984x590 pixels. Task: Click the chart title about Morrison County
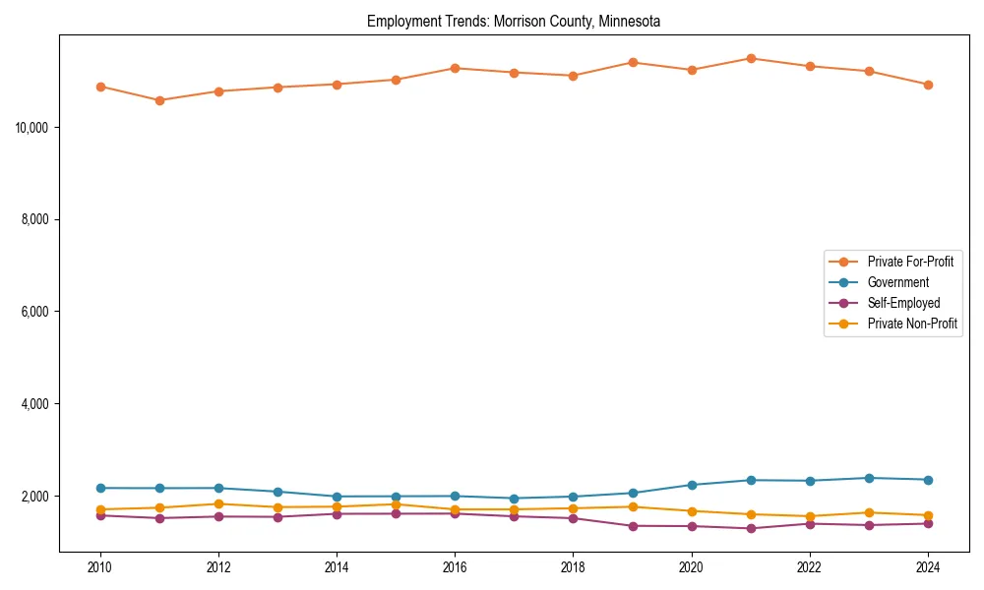513,21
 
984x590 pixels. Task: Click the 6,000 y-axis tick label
37,312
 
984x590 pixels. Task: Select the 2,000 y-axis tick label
37,496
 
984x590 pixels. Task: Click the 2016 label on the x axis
455,567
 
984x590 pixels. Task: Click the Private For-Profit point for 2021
751,58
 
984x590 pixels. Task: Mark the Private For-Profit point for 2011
159,100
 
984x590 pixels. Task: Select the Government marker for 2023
869,478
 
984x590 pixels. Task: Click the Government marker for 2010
100,488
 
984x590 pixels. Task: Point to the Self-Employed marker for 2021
751,528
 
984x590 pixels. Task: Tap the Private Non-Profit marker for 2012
218,503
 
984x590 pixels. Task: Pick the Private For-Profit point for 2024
928,85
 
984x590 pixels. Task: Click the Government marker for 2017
514,499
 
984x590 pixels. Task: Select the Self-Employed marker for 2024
928,523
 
